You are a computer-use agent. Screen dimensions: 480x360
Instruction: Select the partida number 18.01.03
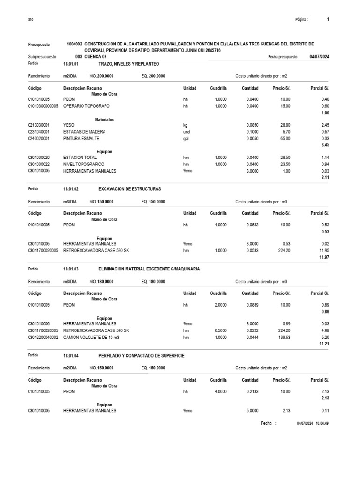(x=71, y=269)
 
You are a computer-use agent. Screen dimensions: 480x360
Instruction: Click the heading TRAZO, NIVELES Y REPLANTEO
(x=129, y=63)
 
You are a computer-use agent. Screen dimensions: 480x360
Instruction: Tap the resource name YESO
(x=68, y=126)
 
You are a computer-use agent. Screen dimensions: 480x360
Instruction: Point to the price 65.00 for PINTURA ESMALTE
(x=285, y=139)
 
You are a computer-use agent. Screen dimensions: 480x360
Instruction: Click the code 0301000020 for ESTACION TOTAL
(x=39, y=158)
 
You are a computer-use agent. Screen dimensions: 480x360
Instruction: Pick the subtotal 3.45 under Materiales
(x=324, y=146)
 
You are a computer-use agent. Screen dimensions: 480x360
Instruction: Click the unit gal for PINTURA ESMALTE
(x=186, y=139)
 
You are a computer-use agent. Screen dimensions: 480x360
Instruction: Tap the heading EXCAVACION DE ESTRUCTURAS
(x=130, y=188)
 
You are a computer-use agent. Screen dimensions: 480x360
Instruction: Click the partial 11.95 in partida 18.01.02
(x=324, y=251)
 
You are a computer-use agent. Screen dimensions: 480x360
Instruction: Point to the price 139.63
(x=283, y=337)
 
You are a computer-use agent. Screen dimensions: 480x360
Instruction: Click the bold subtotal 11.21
(x=324, y=345)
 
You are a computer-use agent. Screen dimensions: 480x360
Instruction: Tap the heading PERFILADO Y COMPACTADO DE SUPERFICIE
(x=142, y=356)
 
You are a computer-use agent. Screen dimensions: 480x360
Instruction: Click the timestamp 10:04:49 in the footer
(x=322, y=424)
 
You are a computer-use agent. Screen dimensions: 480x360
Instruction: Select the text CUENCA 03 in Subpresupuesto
(x=95, y=56)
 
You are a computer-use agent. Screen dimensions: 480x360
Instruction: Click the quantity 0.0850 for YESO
(x=252, y=126)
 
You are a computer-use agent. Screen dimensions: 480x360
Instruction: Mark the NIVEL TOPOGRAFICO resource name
(x=84, y=165)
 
